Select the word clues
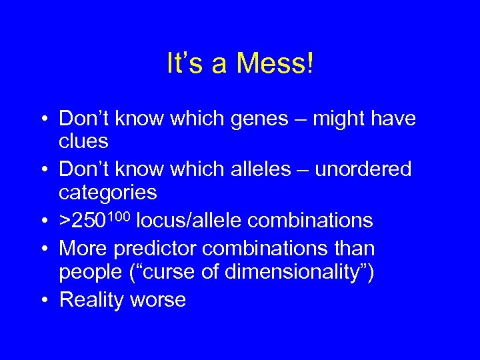83,142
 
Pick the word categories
108,193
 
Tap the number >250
83,220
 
